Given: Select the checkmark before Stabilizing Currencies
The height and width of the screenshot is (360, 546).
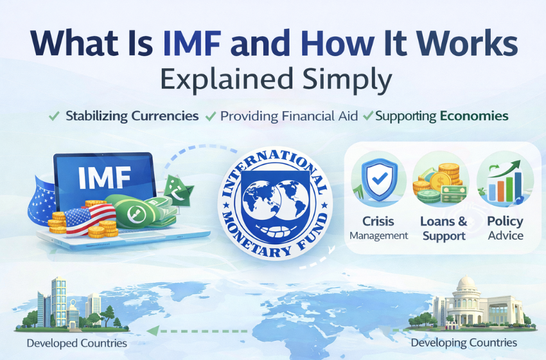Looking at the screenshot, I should coord(55,116).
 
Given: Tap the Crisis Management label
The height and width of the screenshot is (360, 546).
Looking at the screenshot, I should coord(378,228).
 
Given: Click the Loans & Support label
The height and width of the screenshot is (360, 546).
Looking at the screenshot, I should coord(443,228).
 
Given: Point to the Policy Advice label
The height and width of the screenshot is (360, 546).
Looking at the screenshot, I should coord(506,228).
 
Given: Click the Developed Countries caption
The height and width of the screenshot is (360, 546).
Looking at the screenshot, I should coord(76,343).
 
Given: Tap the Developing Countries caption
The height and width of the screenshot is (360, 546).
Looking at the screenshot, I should coord(464,343).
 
